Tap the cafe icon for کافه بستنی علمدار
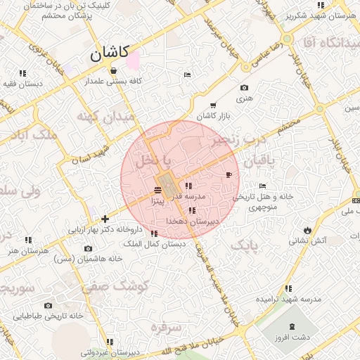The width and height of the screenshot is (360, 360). pyautogui.click(x=113, y=70)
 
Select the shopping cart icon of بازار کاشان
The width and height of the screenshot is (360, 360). pyautogui.click(x=212, y=105)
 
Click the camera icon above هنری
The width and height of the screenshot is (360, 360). pyautogui.click(x=244, y=88)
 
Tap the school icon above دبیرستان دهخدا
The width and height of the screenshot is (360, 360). pyautogui.click(x=193, y=211)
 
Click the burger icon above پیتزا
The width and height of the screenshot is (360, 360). pyautogui.click(x=156, y=190)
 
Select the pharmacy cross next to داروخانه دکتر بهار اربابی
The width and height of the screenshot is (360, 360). pyautogui.click(x=105, y=219)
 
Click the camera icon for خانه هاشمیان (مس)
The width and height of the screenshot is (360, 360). pyautogui.click(x=88, y=248)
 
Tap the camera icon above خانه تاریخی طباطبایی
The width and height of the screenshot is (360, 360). pyautogui.click(x=48, y=306)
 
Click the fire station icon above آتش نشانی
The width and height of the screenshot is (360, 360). pyautogui.click(x=307, y=230)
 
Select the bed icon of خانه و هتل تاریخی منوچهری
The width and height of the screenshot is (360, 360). pyautogui.click(x=262, y=186)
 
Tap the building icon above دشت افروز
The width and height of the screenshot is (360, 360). pyautogui.click(x=292, y=327)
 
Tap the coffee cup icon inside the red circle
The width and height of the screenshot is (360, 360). pyautogui.click(x=229, y=174)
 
